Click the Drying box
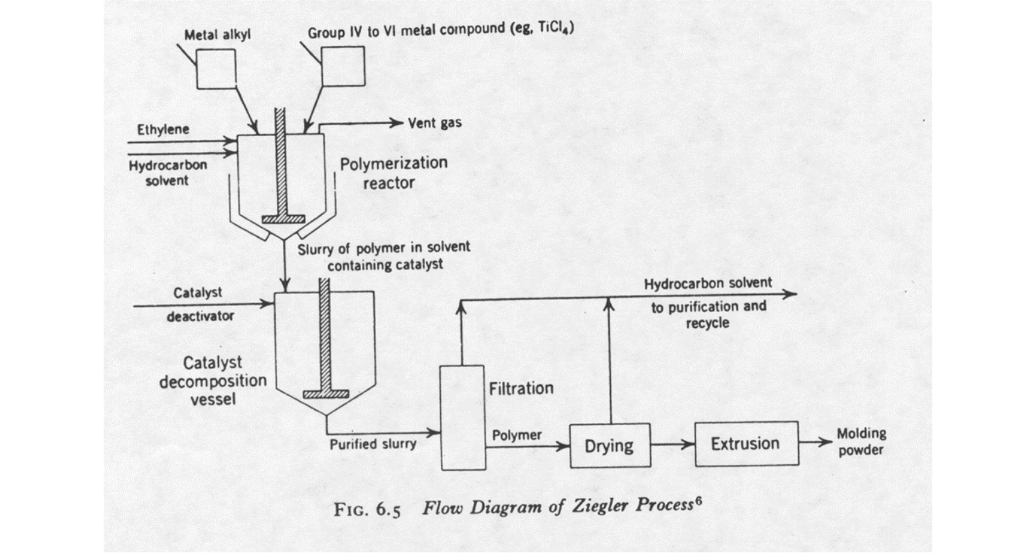(610, 445)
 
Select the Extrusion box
(746, 443)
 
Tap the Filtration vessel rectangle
(463, 418)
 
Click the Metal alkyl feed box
(216, 68)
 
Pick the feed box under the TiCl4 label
(343, 66)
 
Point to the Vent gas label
(434, 123)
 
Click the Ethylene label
(163, 129)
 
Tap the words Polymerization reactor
(393, 173)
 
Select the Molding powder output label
(861, 441)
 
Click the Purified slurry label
(373, 444)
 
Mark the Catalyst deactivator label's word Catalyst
(197, 293)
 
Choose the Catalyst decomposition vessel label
(212, 380)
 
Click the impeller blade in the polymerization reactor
(284, 219)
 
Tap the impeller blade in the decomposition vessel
(325, 394)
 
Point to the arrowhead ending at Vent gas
(397, 123)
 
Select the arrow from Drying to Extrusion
(672, 444)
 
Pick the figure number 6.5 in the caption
(388, 510)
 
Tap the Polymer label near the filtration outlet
(517, 436)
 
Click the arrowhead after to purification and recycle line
(790, 293)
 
